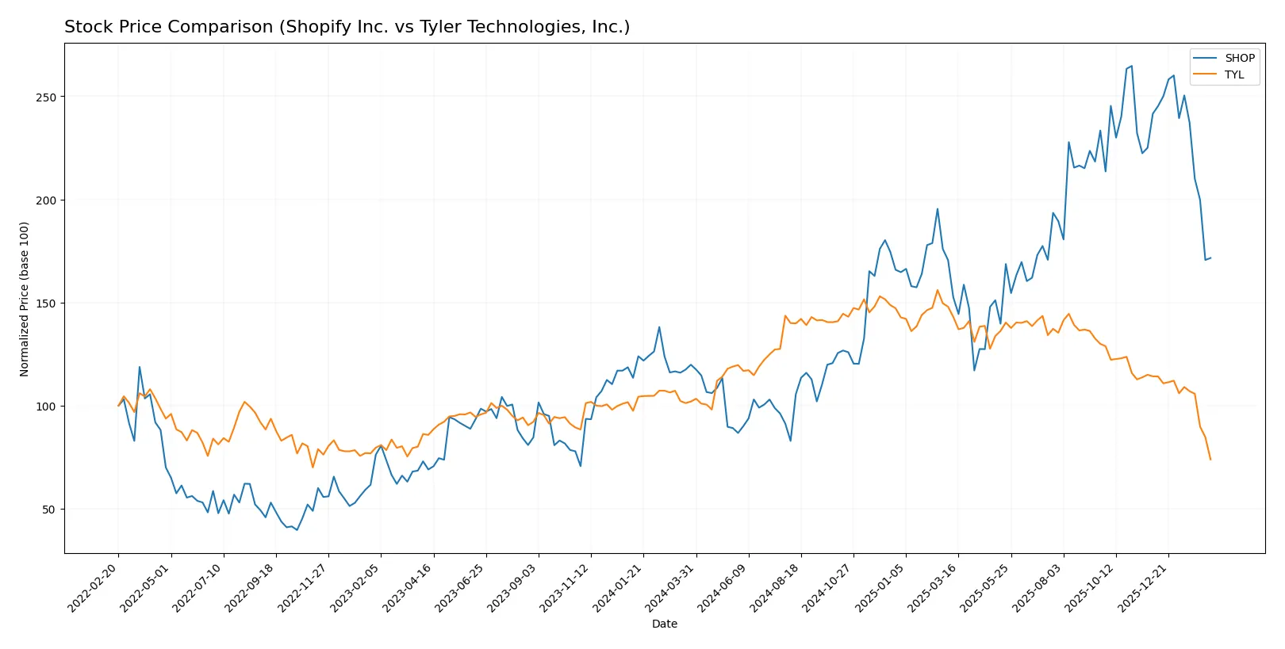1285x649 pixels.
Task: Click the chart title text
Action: pyautogui.click(x=347, y=27)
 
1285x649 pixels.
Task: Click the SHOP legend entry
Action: pyautogui.click(x=1239, y=58)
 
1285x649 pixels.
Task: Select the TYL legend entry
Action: pyautogui.click(x=1233, y=74)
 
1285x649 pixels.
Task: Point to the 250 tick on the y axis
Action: pyautogui.click(x=46, y=97)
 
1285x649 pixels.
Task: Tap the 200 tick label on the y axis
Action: pyautogui.click(x=46, y=200)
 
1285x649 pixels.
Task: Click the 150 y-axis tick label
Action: pyautogui.click(x=46, y=304)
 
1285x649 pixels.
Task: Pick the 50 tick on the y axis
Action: pyautogui.click(x=49, y=510)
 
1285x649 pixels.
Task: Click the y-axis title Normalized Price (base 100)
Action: pyautogui.click(x=25, y=299)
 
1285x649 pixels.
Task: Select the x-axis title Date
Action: pyautogui.click(x=664, y=624)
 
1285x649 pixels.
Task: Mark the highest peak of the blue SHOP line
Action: pyautogui.click(x=1131, y=66)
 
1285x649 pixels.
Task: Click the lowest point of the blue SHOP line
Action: pyautogui.click(x=297, y=530)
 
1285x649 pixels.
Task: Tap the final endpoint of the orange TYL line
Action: pyautogui.click(x=1210, y=460)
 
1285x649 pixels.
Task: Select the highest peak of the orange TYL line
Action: pyautogui.click(x=938, y=290)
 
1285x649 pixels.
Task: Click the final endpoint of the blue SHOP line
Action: pyautogui.click(x=1210, y=258)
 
